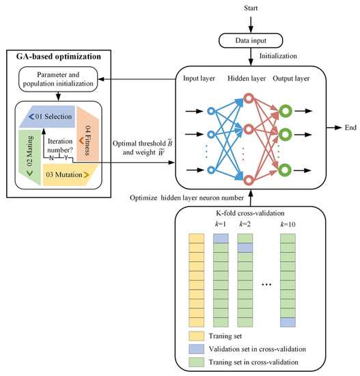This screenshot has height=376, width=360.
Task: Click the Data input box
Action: point(251,40)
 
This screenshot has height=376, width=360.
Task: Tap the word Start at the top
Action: point(251,8)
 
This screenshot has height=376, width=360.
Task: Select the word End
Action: point(350,128)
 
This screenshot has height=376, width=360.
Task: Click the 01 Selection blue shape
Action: point(48,116)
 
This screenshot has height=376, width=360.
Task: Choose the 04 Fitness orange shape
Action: point(87,134)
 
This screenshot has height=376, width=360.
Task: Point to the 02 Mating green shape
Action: point(30,157)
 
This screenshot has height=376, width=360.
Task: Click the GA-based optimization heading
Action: point(59,57)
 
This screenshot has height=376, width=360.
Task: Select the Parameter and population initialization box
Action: point(58,79)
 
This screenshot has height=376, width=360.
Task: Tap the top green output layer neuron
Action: point(286,111)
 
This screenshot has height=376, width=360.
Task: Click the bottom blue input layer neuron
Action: point(211,170)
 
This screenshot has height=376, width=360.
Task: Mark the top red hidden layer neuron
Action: point(249,98)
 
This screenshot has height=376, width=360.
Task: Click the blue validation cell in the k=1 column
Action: point(221,239)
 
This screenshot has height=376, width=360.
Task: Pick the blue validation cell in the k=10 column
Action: point(288,322)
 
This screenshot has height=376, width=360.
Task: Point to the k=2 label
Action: point(245,224)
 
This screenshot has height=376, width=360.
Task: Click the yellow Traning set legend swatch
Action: point(196,336)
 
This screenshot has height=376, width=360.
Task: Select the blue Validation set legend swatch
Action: point(196,349)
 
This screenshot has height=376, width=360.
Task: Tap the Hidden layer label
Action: point(247,79)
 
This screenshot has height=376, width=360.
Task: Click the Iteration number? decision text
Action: point(60,146)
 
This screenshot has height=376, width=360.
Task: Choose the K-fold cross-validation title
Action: point(250,213)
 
